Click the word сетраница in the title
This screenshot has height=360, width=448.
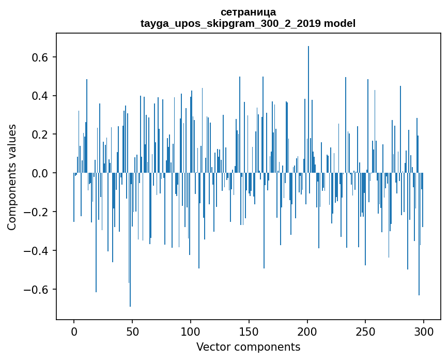pos(248,12)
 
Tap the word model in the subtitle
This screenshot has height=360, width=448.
pos(339,23)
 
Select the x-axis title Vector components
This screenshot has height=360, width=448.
pos(248,347)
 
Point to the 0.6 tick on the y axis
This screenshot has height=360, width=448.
pos(41,57)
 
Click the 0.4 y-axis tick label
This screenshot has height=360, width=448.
pos(41,96)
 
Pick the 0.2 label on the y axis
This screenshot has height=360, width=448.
pos(41,134)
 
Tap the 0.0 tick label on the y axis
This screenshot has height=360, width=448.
pos(41,173)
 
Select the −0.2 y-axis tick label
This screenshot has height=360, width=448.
pos(38,212)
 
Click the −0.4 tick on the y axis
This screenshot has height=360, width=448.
pos(38,251)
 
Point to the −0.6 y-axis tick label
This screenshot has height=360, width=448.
pos(38,290)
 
